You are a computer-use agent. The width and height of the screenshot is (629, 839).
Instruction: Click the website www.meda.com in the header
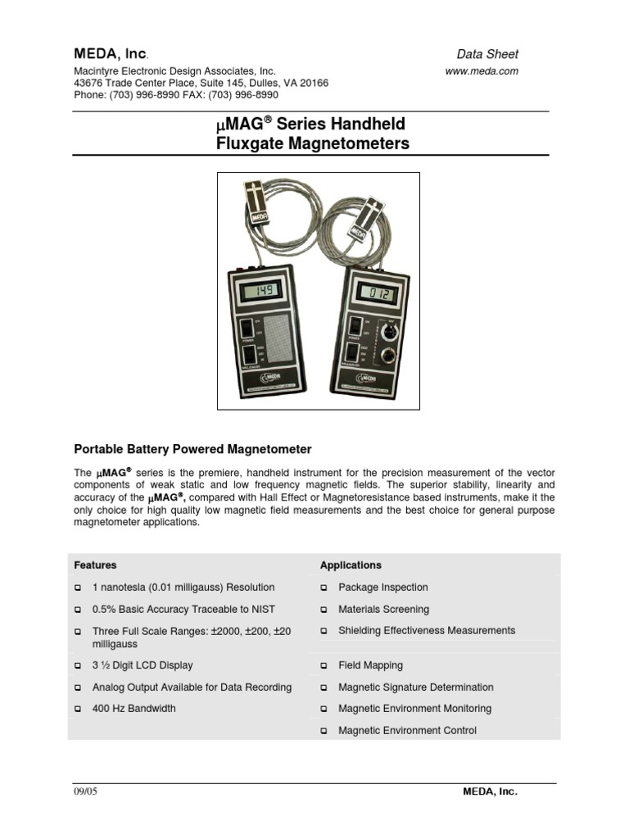(482, 71)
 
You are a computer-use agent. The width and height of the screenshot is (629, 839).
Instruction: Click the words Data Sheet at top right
(487, 54)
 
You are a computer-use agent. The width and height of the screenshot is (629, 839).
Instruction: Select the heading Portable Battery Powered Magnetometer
(193, 449)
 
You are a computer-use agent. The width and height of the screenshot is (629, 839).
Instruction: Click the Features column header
(95, 565)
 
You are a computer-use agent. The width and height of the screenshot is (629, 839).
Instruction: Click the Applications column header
(351, 565)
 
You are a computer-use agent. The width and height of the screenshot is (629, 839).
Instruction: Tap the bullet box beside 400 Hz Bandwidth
(78, 709)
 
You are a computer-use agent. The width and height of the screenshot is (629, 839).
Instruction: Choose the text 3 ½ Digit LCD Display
(143, 665)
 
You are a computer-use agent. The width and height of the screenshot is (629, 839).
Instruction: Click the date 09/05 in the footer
(85, 792)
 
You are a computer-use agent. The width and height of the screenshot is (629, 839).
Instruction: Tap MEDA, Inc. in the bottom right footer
(490, 792)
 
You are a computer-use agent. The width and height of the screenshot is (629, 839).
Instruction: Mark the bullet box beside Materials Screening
(324, 610)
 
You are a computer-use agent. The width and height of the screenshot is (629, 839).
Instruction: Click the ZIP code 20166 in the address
(314, 83)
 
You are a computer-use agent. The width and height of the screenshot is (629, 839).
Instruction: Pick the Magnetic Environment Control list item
(407, 730)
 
